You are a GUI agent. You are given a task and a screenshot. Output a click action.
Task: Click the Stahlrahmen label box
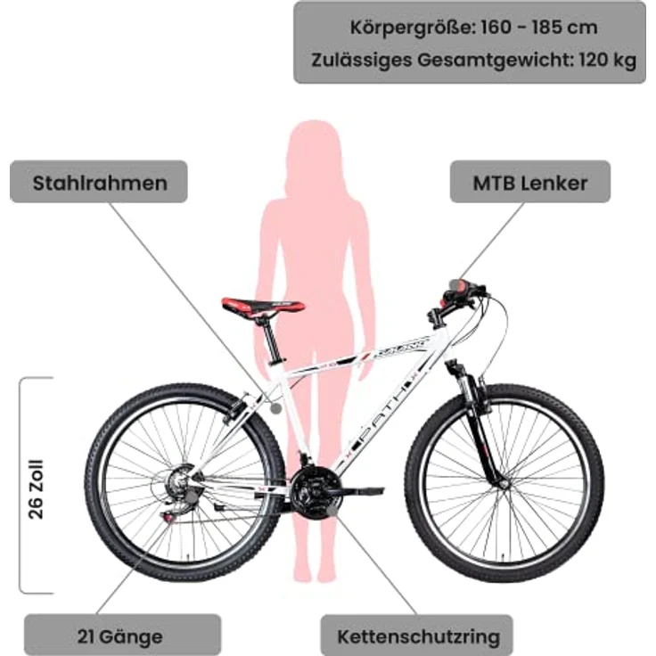(99, 182)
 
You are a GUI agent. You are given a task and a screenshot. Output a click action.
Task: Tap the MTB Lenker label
(530, 182)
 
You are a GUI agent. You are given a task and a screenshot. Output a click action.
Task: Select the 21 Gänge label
(122, 635)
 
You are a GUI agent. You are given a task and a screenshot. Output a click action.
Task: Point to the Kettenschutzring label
(417, 635)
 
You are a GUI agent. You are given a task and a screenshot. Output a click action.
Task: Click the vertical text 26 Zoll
(36, 489)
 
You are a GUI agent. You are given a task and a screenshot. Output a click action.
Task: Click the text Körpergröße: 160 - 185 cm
(473, 28)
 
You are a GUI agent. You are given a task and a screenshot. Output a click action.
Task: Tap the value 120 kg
(608, 60)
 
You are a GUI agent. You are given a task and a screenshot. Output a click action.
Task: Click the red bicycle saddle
(263, 307)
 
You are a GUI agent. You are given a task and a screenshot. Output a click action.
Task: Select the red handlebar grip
(460, 286)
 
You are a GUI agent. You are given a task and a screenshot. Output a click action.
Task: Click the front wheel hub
(504, 484)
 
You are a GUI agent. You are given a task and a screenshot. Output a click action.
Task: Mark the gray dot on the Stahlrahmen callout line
(275, 409)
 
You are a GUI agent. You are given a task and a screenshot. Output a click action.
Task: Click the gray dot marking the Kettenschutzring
(332, 511)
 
